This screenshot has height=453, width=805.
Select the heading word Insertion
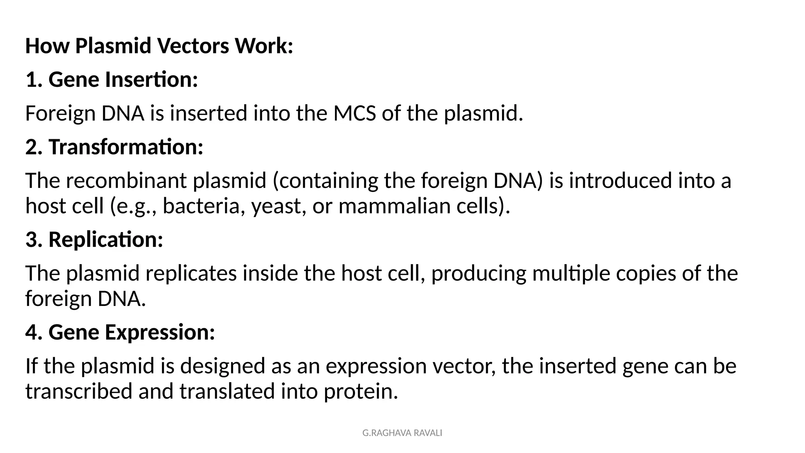tap(151, 79)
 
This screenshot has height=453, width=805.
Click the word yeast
tap(279, 206)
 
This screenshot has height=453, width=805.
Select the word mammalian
tap(394, 206)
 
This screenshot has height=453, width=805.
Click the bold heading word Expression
tap(160, 332)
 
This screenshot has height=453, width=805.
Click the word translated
tap(227, 392)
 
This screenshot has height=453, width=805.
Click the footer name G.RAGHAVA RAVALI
tap(402, 433)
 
